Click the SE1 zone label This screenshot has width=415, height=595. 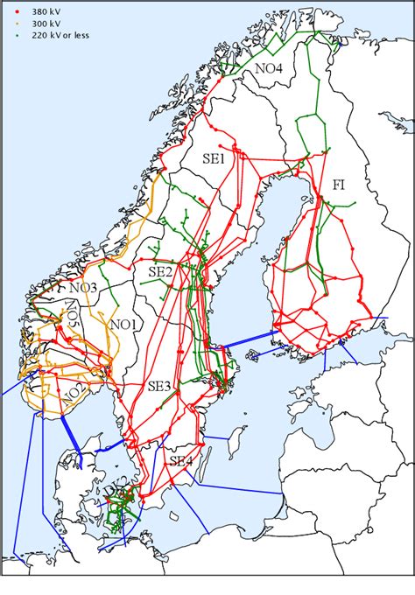click(215, 159)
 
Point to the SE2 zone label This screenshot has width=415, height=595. click(161, 272)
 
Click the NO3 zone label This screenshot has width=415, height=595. click(84, 288)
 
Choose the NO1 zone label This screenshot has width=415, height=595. click(126, 325)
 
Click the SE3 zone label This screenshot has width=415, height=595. click(160, 386)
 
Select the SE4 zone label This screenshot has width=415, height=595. click(182, 462)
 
